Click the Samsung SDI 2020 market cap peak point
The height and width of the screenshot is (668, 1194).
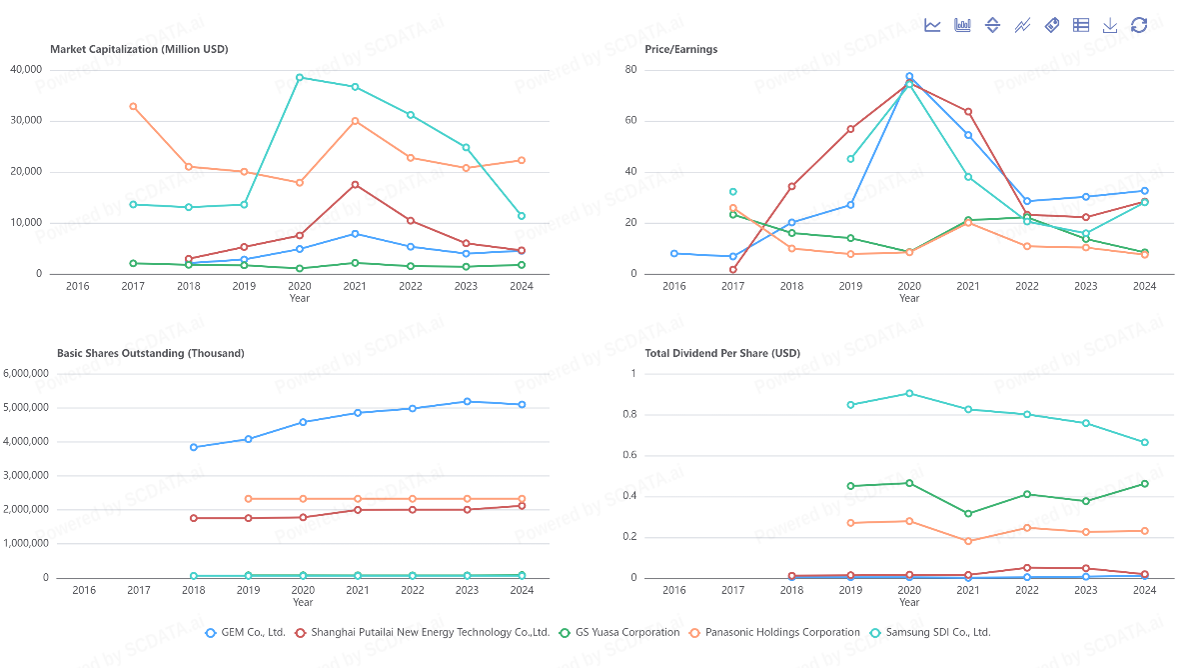pyautogui.click(x=300, y=77)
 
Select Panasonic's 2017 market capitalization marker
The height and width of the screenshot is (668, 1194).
pyautogui.click(x=133, y=106)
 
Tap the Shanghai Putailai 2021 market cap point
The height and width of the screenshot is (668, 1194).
pyautogui.click(x=355, y=185)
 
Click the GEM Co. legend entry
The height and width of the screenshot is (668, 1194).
pyautogui.click(x=245, y=632)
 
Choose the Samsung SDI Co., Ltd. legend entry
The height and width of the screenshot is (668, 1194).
pyautogui.click(x=929, y=632)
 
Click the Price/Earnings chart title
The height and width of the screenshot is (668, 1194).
pyautogui.click(x=680, y=49)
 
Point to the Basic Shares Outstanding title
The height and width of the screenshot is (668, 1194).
pyautogui.click(x=150, y=353)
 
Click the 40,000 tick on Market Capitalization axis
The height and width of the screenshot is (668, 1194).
pyautogui.click(x=25, y=69)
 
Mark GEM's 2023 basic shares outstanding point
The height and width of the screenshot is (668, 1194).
pyautogui.click(x=467, y=402)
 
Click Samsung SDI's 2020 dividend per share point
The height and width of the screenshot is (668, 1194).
pyautogui.click(x=909, y=393)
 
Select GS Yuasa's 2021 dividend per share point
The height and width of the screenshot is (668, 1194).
pyautogui.click(x=968, y=514)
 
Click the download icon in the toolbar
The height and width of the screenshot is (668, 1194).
pyautogui.click(x=1110, y=25)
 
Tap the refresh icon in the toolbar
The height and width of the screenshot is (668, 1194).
pyautogui.click(x=1139, y=25)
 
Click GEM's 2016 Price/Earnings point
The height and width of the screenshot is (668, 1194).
pyautogui.click(x=674, y=254)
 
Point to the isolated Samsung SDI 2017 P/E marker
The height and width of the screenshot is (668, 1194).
pyautogui.click(x=732, y=192)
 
